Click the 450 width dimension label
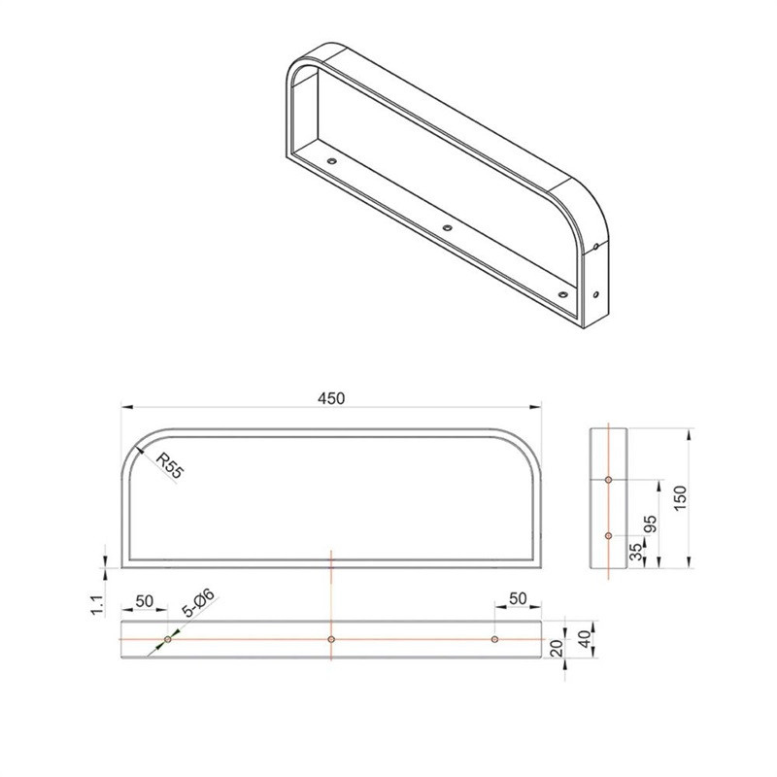coord(331,398)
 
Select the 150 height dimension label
coord(681,498)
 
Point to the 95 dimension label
coord(650,524)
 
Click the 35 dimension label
coord(635,551)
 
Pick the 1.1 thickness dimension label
coord(98,604)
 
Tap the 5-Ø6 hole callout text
coord(199,602)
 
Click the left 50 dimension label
coord(144,601)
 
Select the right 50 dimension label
coord(518,598)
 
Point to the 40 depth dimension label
coord(586,639)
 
